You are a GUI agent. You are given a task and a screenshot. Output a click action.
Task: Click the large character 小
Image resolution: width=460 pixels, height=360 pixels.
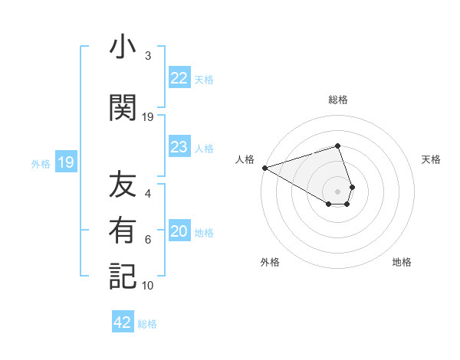pos(123,48)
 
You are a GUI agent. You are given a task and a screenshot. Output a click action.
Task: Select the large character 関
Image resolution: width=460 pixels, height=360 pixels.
pos(123,108)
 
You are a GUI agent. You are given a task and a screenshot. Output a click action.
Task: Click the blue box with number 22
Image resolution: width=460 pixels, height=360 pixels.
pos(179,78)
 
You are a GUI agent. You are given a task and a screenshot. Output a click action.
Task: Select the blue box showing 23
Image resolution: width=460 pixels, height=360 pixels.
pos(179,147)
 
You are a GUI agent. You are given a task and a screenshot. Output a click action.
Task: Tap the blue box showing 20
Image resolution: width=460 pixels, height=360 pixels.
pos(179,232)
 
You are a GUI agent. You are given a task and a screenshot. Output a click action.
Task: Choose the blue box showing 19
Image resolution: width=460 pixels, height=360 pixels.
pos(66,162)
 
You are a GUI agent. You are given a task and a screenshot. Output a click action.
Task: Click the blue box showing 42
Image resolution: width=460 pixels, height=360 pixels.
pos(123,322)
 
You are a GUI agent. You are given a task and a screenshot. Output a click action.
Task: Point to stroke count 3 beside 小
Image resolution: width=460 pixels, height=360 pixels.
pos(148,56)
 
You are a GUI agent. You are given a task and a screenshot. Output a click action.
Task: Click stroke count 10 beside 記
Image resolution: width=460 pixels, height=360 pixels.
pos(148,286)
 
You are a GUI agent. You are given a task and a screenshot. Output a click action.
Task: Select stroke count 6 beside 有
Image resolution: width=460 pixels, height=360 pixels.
pos(148,240)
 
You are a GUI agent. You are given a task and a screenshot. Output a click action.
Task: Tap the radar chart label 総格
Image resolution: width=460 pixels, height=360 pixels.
pos(338,100)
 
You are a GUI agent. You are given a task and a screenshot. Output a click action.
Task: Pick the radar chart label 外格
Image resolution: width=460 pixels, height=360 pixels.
pos(270,262)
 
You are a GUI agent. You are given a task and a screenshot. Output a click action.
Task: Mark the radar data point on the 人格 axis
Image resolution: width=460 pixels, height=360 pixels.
pos(264,167)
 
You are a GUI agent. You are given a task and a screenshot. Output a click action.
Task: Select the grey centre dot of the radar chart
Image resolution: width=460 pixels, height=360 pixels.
pos(338,191)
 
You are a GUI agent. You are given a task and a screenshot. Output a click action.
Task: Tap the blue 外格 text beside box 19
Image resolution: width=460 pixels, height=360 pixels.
pos(41,163)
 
